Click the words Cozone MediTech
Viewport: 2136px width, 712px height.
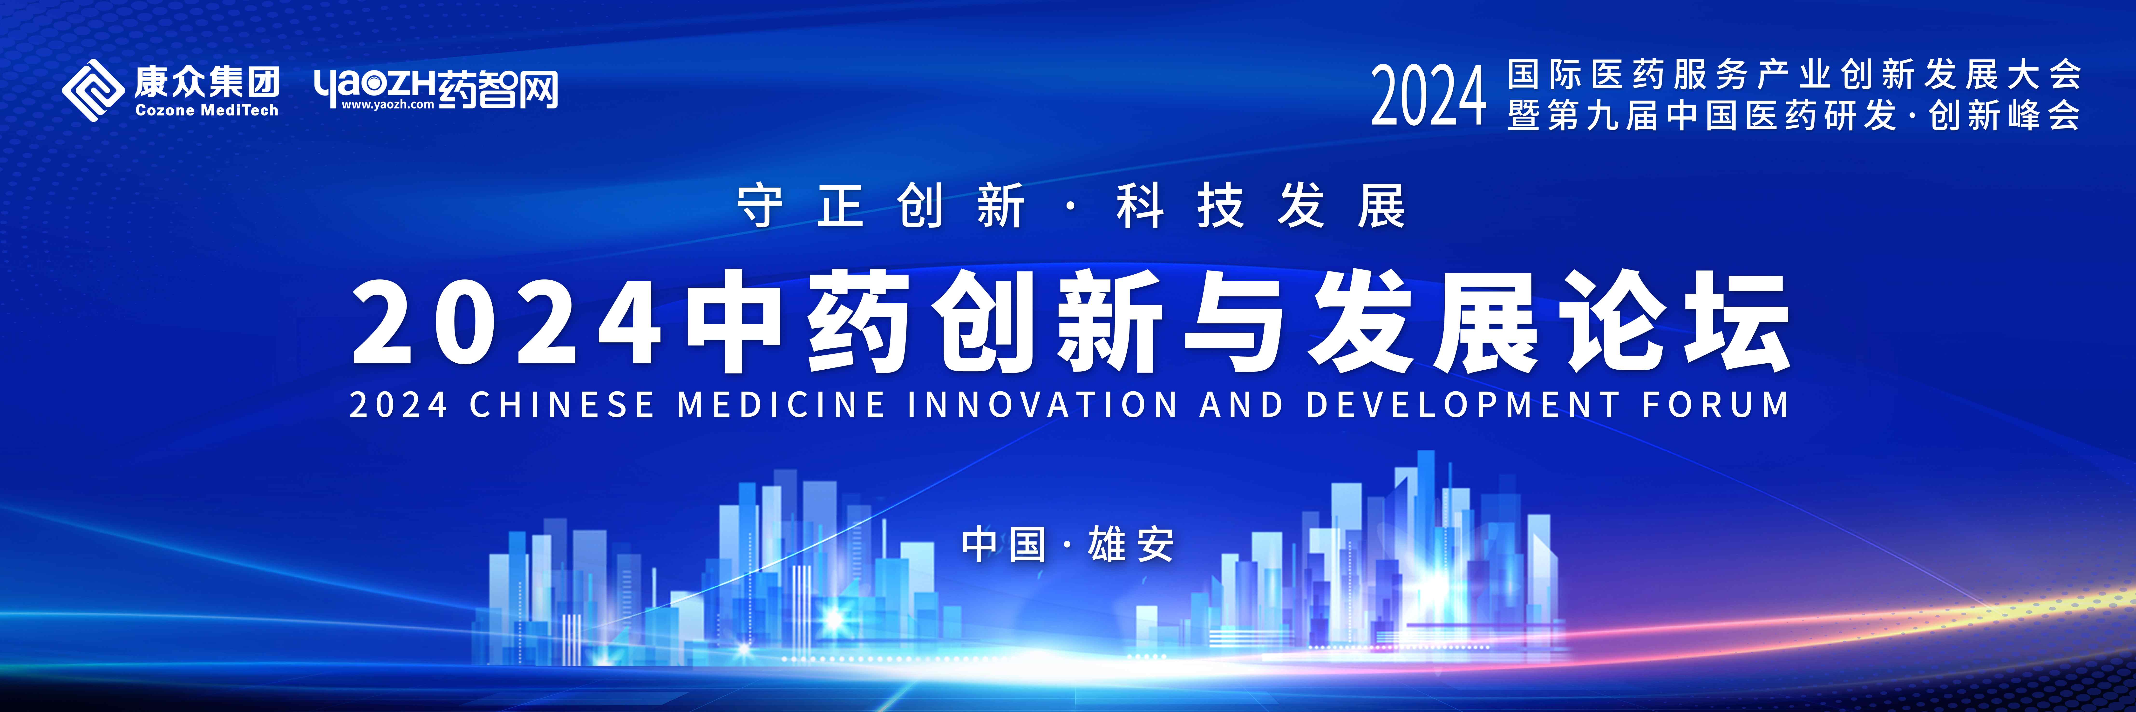pos(206,110)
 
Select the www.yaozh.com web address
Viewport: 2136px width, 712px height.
pos(387,104)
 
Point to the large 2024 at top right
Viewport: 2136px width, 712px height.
pos(1428,97)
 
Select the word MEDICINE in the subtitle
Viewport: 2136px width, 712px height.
pos(781,405)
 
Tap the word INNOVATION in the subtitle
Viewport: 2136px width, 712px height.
pos(1042,405)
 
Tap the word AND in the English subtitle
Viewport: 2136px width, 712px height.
pos(1241,405)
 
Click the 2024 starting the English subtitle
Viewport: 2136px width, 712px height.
pos(399,405)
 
